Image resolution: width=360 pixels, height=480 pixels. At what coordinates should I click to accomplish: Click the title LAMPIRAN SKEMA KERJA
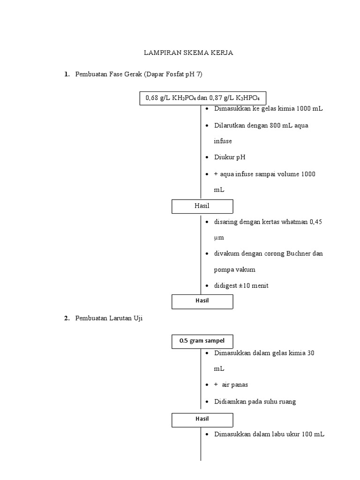pos(188,53)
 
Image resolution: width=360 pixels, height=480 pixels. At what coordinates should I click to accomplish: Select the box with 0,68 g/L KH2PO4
pos(202,98)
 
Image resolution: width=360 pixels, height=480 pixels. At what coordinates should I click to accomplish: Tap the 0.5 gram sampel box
pos(202,341)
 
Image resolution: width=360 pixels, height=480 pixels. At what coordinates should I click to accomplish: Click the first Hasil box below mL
pos(202,206)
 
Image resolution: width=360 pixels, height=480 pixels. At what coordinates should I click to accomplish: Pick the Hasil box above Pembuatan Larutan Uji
pos(202,301)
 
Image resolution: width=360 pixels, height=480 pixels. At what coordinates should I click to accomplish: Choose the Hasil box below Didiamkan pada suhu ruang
pos(202,419)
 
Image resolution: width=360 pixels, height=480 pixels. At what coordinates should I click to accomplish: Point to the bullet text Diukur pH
pos(230,157)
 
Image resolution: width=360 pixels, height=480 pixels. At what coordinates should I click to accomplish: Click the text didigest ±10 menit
pos(241,285)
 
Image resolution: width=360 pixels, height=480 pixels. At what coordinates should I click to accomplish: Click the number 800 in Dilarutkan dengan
pos(275,126)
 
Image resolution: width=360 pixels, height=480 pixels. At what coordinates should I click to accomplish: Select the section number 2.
pos(67,318)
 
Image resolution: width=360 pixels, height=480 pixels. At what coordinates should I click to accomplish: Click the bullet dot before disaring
pos(207,222)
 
